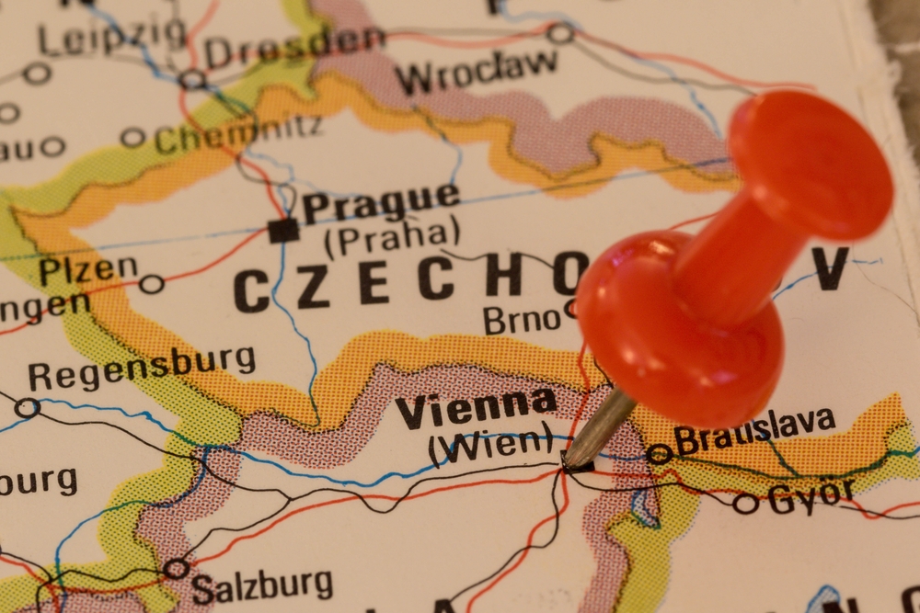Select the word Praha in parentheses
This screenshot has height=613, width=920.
pos(391,238)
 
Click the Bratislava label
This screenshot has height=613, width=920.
pos(754,430)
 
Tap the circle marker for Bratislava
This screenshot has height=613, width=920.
pos(659,454)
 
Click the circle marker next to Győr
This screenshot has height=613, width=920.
pos(745,504)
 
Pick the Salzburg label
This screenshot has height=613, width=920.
pos(262,583)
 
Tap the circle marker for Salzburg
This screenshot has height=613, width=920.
pos(176,569)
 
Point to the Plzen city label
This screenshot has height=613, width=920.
pos(87,270)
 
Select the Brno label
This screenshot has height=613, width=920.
pos(522,320)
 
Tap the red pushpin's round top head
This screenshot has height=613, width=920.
pos(810,165)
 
